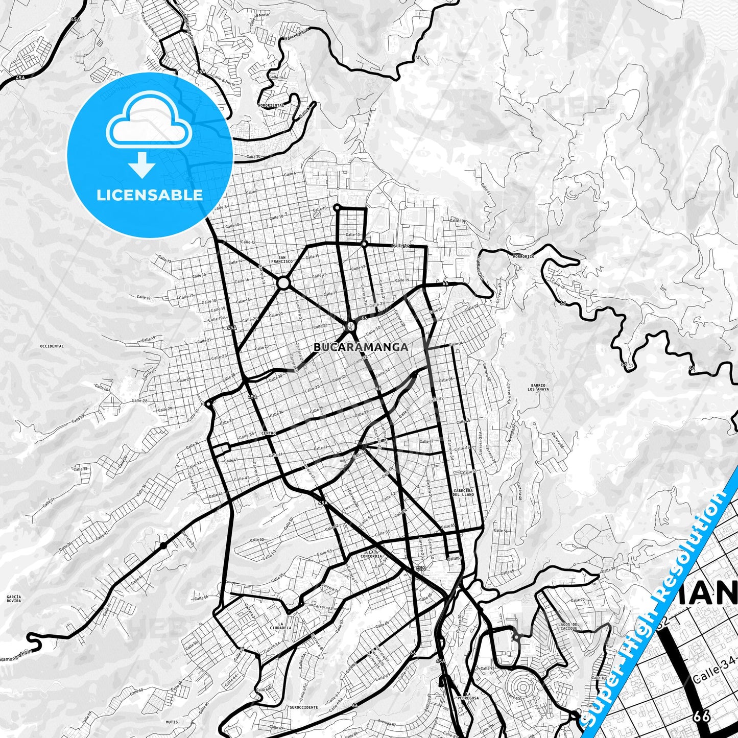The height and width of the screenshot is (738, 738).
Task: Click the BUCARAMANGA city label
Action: coord(361,347)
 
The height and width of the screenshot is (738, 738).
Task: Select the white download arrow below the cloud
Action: coord(142,165)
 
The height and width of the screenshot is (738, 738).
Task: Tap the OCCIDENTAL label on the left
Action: coord(51,346)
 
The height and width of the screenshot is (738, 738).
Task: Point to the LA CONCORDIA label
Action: coord(371,554)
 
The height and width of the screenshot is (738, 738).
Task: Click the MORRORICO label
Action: coord(523,256)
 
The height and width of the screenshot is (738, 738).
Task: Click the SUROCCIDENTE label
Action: coord(304,707)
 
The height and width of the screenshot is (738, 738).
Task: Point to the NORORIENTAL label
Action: coord(271,105)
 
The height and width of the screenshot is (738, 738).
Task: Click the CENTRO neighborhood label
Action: coord(268,433)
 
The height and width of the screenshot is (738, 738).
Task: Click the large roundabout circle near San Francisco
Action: coord(283,282)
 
